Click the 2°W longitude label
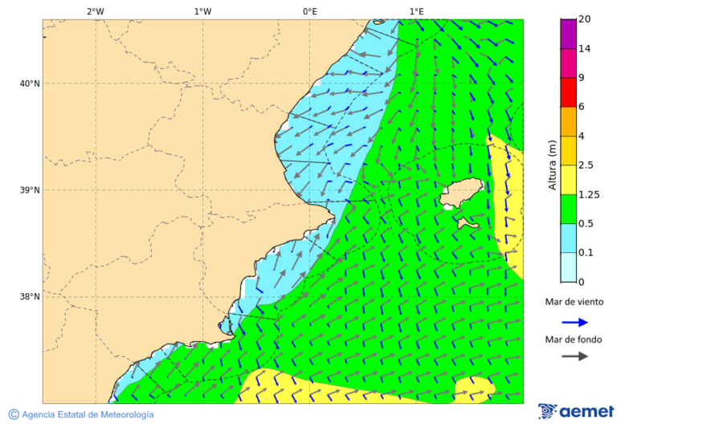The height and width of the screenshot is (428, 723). pyautogui.click(x=95, y=11)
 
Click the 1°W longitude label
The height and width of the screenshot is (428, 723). pyautogui.click(x=202, y=11)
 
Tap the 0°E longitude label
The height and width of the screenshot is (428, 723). pyautogui.click(x=309, y=11)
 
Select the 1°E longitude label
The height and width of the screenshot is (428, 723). pyautogui.click(x=416, y=11)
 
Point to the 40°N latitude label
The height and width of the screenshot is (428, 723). pyautogui.click(x=29, y=84)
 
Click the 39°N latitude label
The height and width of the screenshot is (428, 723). pyautogui.click(x=29, y=190)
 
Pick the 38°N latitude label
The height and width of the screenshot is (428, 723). pyautogui.click(x=29, y=296)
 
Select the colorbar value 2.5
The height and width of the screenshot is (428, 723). pyautogui.click(x=586, y=165)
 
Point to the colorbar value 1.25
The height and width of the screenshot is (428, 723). pyautogui.click(x=588, y=194)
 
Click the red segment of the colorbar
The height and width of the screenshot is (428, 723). pyautogui.click(x=568, y=92)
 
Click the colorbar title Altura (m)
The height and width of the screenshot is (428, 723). pyautogui.click(x=552, y=165)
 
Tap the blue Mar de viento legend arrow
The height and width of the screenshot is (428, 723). pyautogui.click(x=574, y=322)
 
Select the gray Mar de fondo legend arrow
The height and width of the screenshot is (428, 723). pyautogui.click(x=574, y=357)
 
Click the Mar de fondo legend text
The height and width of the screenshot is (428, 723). pyautogui.click(x=574, y=340)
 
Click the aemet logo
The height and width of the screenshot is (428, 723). pyautogui.click(x=576, y=411)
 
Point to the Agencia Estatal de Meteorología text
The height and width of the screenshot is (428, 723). pyautogui.click(x=87, y=414)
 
